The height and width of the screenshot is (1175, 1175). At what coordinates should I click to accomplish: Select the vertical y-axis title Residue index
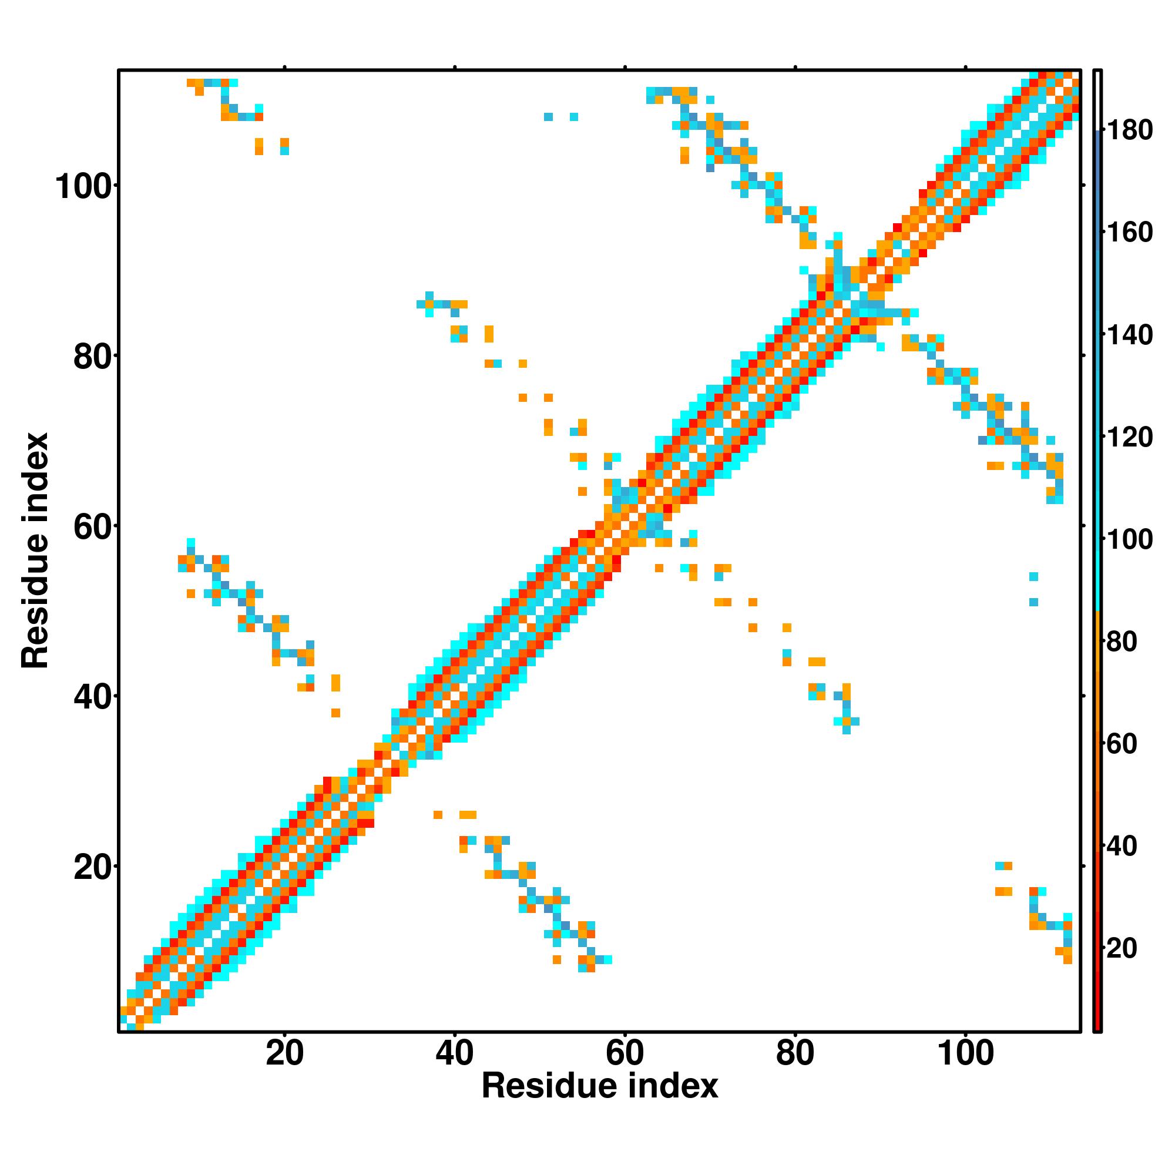pos(35,550)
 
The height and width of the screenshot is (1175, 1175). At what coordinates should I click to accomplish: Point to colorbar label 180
pos(1129,130)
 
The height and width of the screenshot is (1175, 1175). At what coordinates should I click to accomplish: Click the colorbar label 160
pos(1129,232)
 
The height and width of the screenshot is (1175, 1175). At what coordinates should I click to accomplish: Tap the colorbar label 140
pos(1129,334)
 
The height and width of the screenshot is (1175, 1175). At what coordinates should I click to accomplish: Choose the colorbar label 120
pos(1129,437)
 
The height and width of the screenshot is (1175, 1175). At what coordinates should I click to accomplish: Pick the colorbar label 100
pos(1129,539)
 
